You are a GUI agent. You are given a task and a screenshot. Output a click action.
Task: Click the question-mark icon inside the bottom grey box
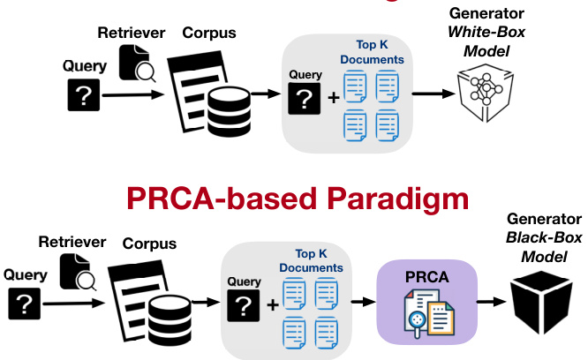(245, 305)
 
